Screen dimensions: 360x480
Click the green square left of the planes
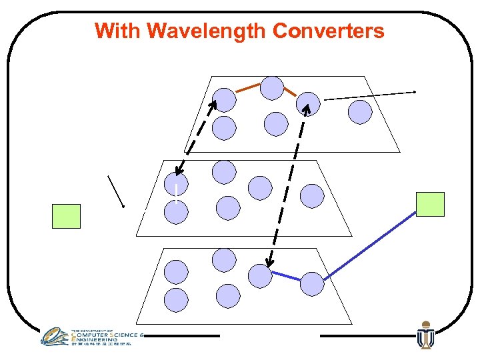pos(66,216)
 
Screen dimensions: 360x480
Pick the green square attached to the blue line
pos(430,204)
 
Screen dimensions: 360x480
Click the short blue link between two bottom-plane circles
pos(286,277)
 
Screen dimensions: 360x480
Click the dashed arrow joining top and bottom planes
pos(287,183)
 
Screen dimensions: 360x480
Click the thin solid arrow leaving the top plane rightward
pos(370,95)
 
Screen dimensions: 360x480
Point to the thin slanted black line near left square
pos(116,191)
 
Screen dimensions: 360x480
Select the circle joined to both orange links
pos(271,87)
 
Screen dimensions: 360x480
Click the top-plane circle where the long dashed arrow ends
pos(308,103)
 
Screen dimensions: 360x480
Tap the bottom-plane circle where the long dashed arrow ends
pos(260,275)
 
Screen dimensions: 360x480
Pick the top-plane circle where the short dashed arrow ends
pos(224,100)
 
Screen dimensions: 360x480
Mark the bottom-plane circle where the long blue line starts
pos(311,284)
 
